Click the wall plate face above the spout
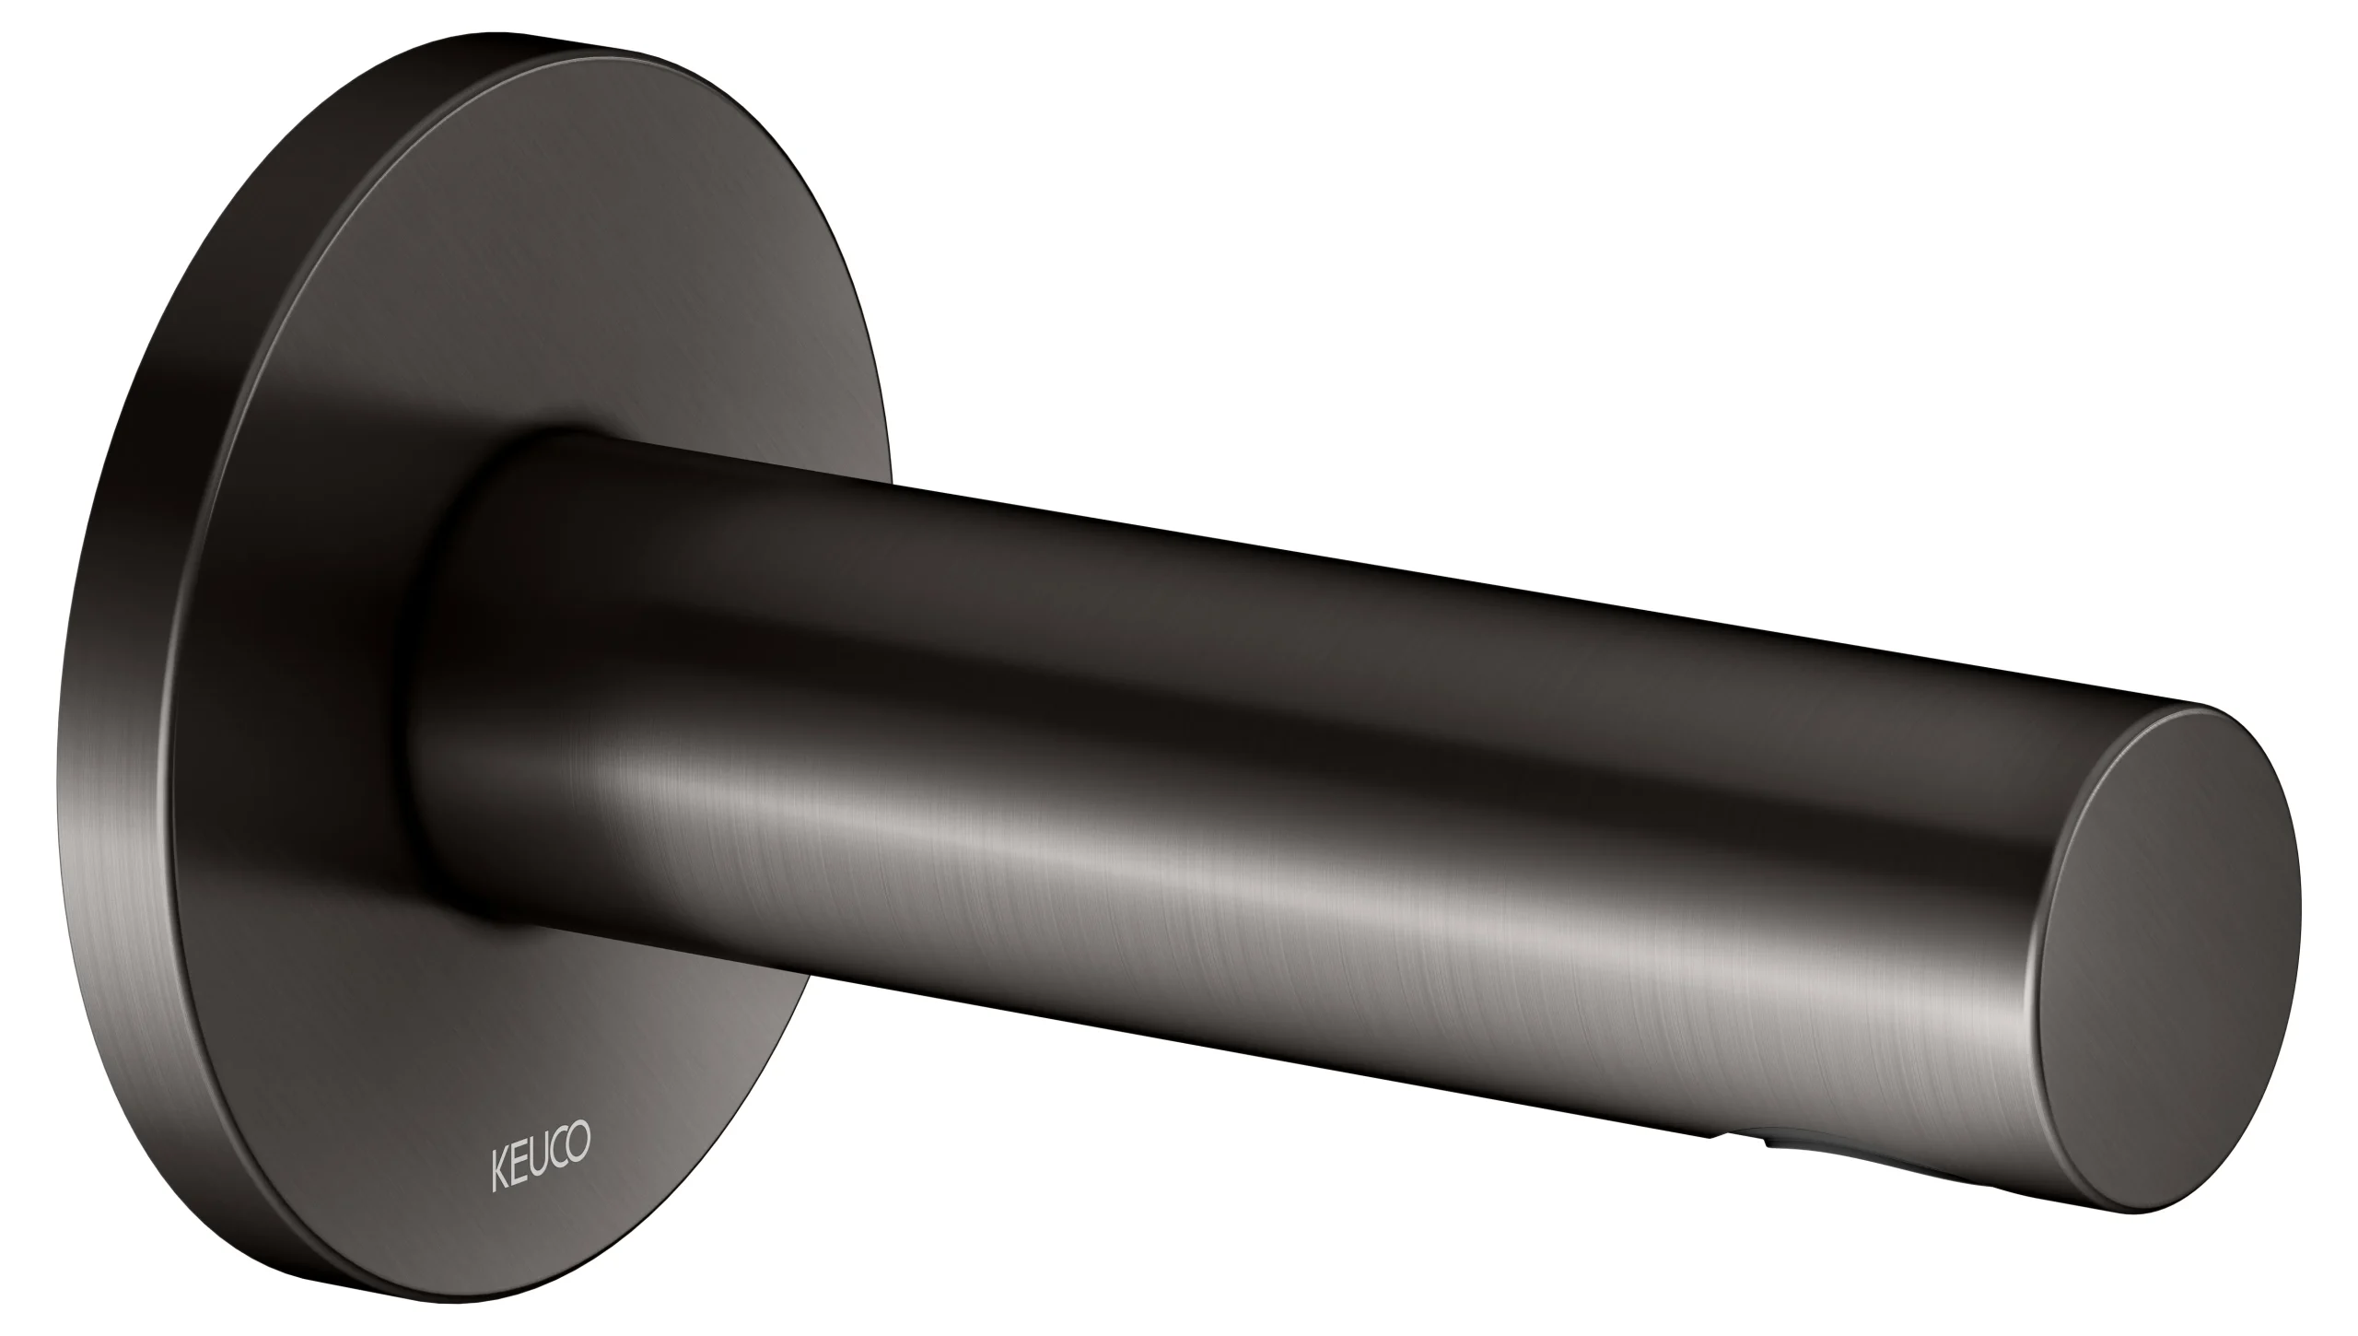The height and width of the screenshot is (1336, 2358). click(x=553, y=276)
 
